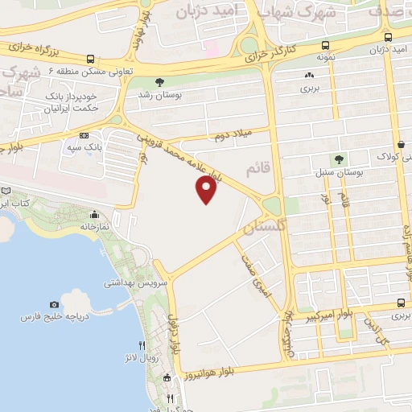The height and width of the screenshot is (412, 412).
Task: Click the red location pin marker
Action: tap(207, 189)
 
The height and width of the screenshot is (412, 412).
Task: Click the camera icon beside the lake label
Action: tap(54, 304)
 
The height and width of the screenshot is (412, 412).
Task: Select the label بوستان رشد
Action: tap(159, 94)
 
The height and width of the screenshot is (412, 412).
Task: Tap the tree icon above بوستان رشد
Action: tap(159, 81)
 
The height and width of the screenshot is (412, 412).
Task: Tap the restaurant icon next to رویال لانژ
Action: tap(142, 344)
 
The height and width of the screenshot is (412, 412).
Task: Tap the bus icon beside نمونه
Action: tap(324, 45)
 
